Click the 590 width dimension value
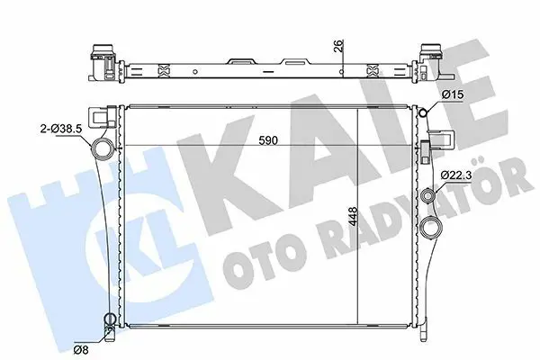pyautogui.click(x=268, y=140)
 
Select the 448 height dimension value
pyautogui.click(x=353, y=216)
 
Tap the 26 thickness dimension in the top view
pyautogui.click(x=339, y=46)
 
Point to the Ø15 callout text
pyautogui.click(x=453, y=94)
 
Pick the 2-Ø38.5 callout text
pyautogui.click(x=61, y=129)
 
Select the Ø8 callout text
pyautogui.click(x=81, y=350)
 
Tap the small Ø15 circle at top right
pyautogui.click(x=423, y=112)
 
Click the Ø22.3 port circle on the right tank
pyautogui.click(x=428, y=196)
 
